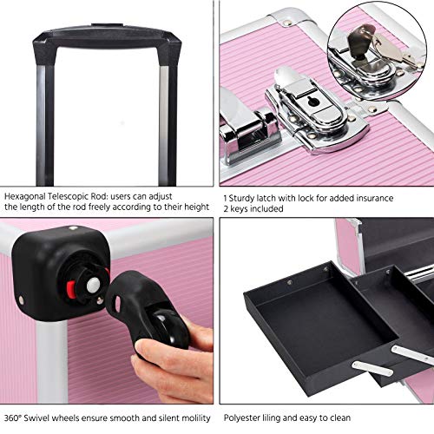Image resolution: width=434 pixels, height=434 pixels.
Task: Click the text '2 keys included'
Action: [251, 209]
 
